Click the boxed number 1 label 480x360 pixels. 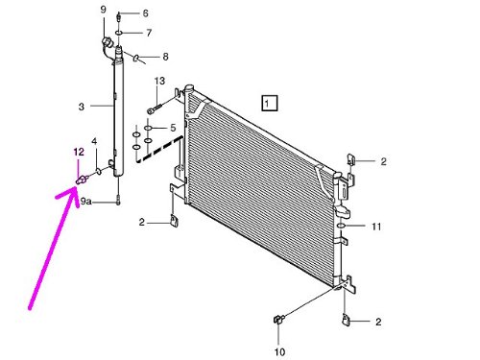270,103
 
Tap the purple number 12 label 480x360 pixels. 79,152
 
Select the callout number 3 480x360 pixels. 82,107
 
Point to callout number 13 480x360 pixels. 159,81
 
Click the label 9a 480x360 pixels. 85,202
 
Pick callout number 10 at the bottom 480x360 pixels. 279,352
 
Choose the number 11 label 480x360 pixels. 376,227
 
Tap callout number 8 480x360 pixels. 165,57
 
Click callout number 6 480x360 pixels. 145,13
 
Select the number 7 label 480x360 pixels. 149,33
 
